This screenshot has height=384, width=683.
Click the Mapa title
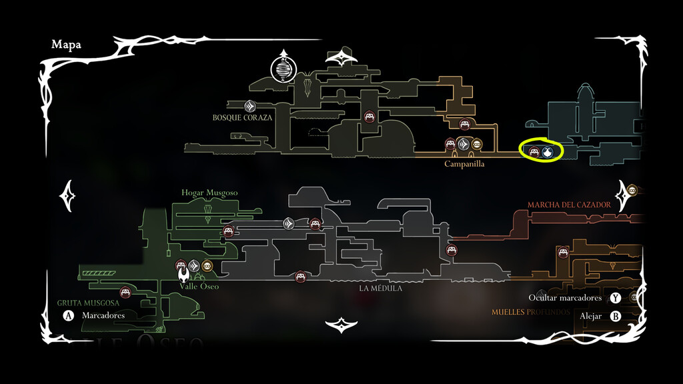[66, 45]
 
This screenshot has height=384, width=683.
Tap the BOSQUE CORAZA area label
[243, 117]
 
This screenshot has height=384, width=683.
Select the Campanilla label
[464, 163]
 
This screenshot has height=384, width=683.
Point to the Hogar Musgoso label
[209, 193]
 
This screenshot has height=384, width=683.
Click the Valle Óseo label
[199, 286]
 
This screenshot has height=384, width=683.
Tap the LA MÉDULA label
[380, 289]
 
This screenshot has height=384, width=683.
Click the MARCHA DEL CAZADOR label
[569, 205]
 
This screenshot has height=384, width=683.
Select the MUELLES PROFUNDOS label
[531, 311]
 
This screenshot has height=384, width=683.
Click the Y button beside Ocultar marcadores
[615, 298]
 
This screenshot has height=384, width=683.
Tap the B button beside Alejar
[615, 316]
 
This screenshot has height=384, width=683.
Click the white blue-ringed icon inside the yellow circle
[548, 152]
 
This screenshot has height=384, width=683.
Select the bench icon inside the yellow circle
[534, 152]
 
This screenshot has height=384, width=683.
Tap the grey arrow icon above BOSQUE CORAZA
[250, 105]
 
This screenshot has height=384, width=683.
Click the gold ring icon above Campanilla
[477, 144]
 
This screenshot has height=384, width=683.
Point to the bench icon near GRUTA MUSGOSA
[125, 292]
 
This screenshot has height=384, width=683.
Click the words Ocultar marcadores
[565, 298]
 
